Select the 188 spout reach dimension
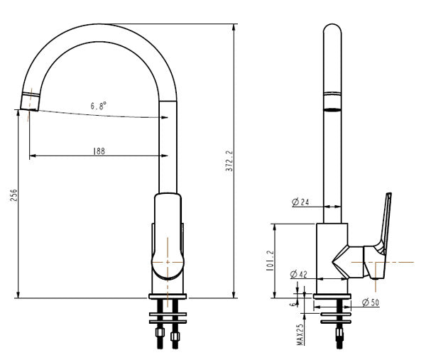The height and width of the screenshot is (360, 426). tap(100, 151)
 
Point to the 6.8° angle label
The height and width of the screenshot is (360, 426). tap(99, 106)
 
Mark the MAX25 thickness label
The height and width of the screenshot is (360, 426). tap(300, 334)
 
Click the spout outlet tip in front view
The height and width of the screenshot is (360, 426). tap(30, 103)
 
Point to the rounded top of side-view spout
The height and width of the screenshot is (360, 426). tap(332, 32)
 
